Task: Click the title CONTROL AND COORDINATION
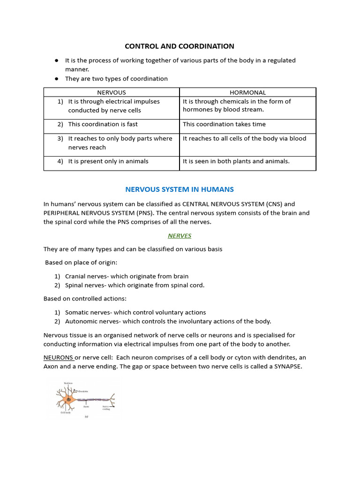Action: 179,46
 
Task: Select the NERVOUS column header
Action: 112,92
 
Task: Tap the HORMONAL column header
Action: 247,92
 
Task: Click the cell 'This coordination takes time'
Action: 224,124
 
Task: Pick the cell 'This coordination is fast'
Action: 103,124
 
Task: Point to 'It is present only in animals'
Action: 108,161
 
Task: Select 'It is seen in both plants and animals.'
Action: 236,161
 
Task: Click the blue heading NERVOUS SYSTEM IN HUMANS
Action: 180,189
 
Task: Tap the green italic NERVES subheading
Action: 180,236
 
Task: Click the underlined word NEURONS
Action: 58,358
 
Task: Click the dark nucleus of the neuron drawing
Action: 69,399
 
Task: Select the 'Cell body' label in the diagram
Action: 65,413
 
